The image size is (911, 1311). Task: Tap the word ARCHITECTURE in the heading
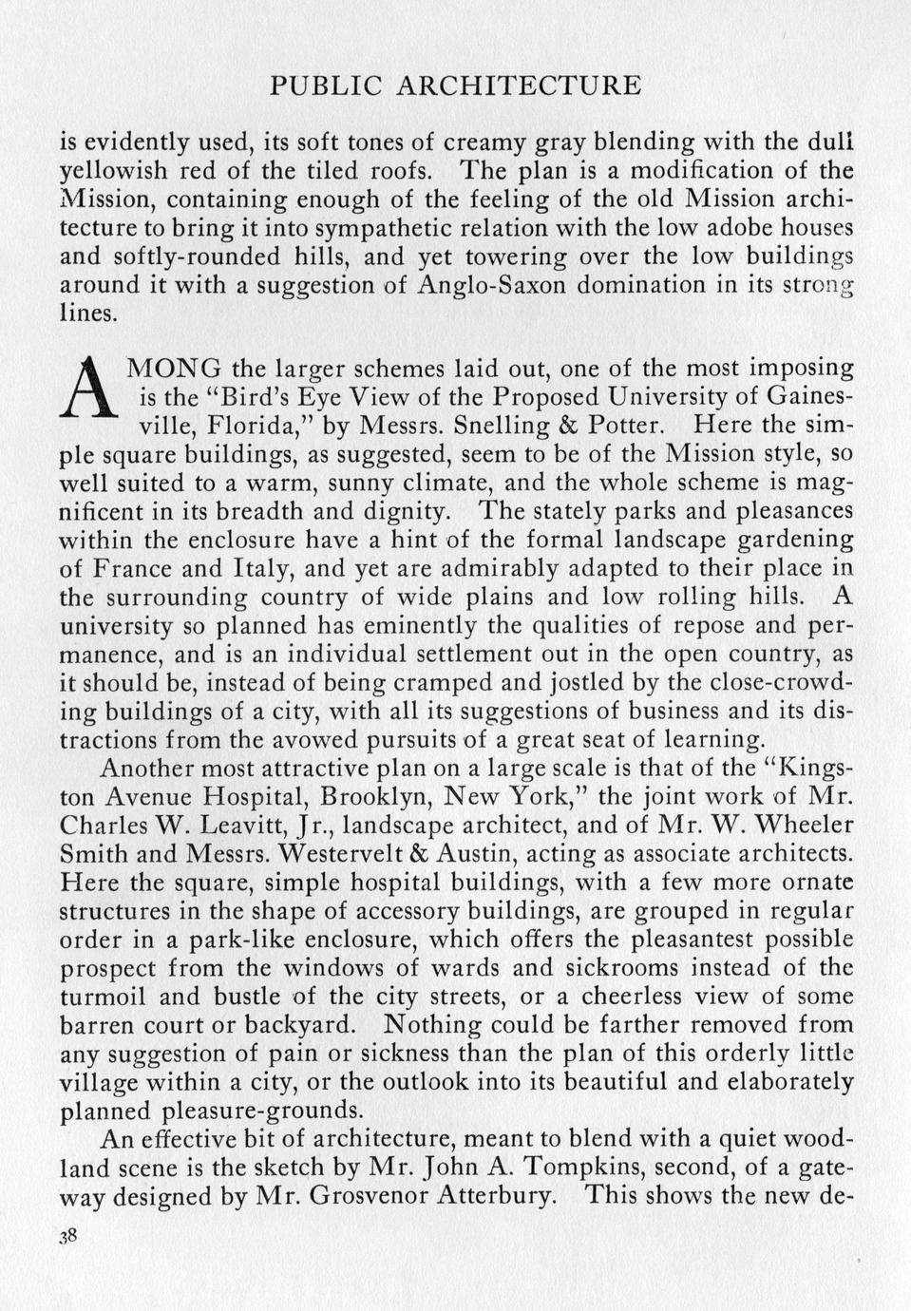pyautogui.click(x=518, y=85)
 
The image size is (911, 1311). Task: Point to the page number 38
pyautogui.click(x=67, y=1236)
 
